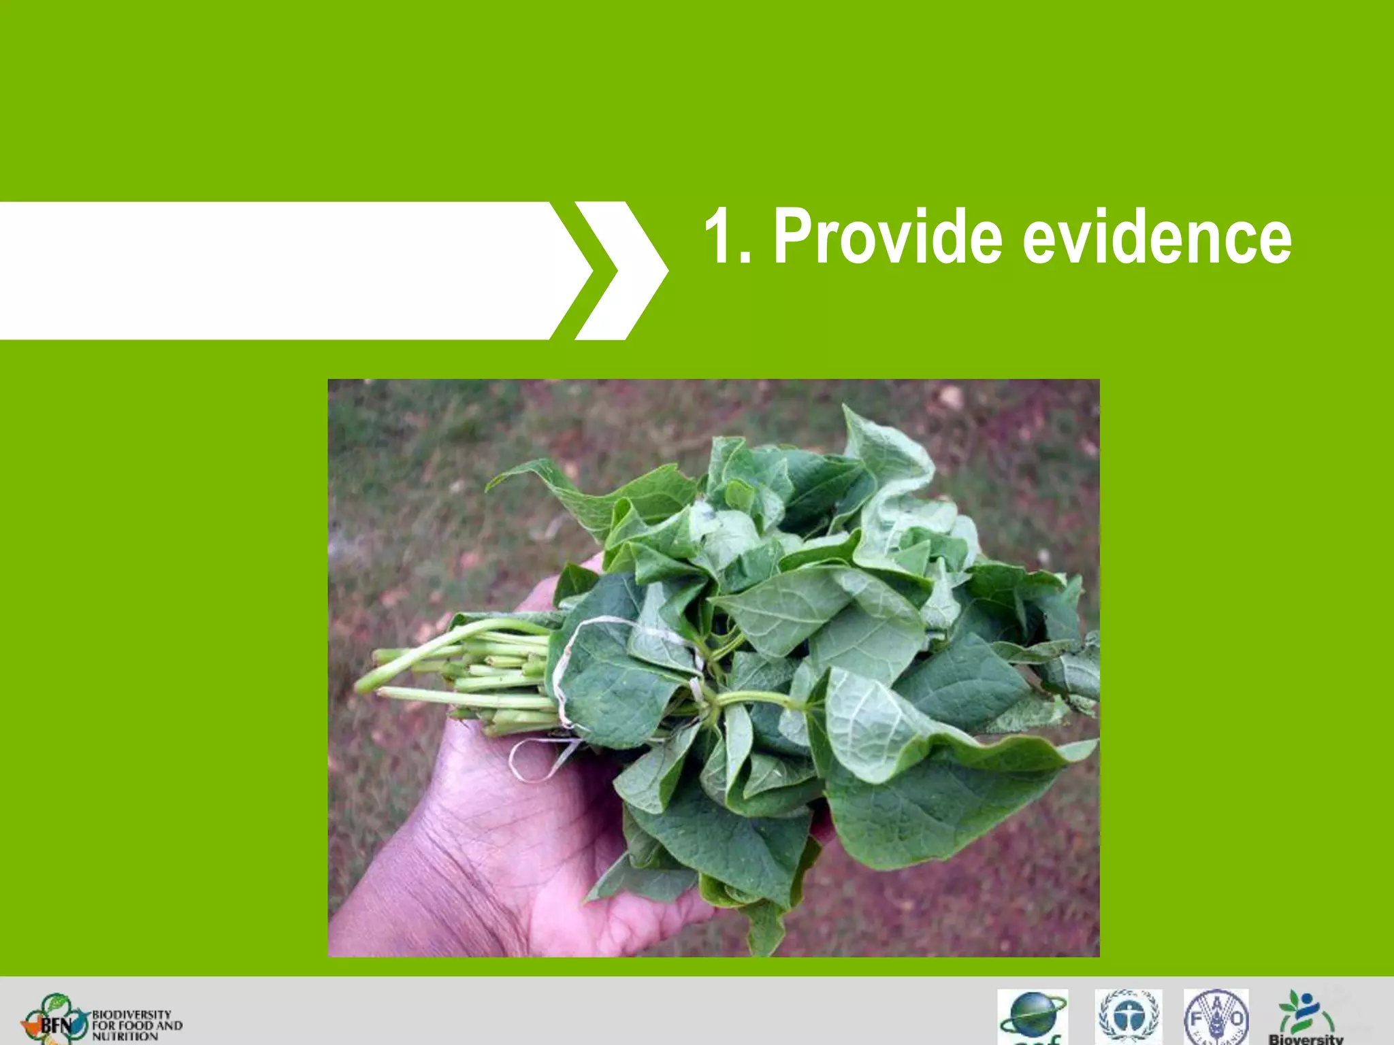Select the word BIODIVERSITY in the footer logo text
tap(131, 1014)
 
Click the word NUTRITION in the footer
tap(125, 1037)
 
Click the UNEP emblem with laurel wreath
tap(1128, 1018)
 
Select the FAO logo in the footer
tap(1216, 1018)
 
